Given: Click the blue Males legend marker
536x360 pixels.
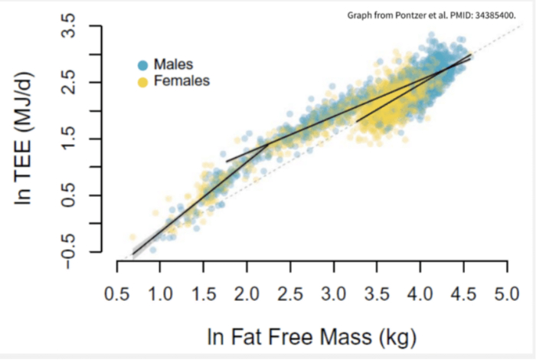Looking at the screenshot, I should (x=143, y=64).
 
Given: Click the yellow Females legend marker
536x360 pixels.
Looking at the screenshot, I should (x=143, y=80).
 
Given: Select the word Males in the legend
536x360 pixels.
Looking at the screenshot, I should (x=173, y=64).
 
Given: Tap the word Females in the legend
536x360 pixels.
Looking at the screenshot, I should (x=181, y=80).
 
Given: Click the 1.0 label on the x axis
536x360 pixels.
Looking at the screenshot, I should (x=160, y=293).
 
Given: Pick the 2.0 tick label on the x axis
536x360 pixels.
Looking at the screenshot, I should (x=247, y=293).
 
